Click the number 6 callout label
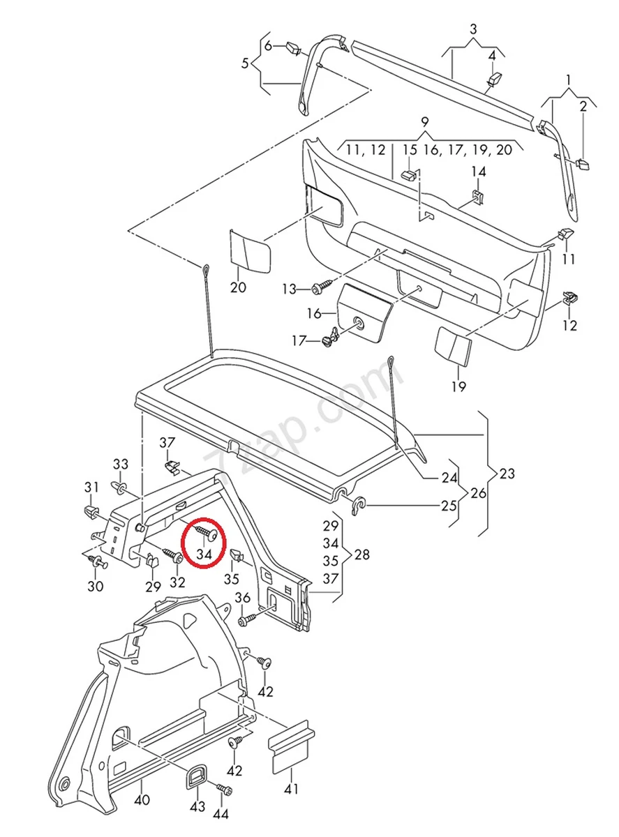pos(268,46)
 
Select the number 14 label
pos(478,172)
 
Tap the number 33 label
pos(121,464)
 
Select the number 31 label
pos(92,486)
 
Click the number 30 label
pos(96,586)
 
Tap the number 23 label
pos(507,474)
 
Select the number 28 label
pos(363,555)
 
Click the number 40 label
pos(142,801)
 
